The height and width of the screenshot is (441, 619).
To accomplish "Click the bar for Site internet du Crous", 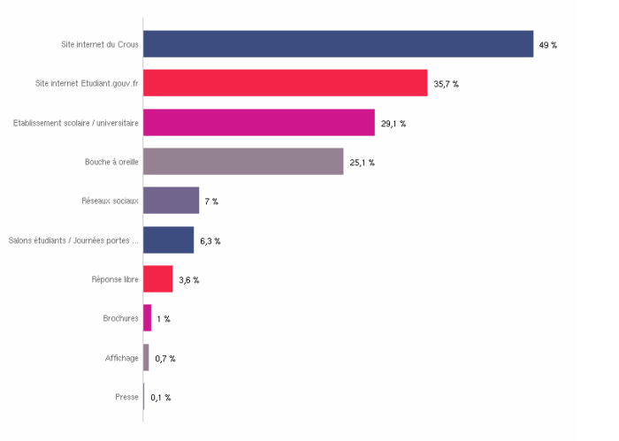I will [338, 44].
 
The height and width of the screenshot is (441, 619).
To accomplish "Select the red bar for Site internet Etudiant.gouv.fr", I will [285, 83].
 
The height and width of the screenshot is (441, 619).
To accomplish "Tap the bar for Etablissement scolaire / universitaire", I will [258, 123].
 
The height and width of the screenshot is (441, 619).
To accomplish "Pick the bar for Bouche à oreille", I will [243, 162].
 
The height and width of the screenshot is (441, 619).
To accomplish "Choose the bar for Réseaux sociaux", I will [171, 201].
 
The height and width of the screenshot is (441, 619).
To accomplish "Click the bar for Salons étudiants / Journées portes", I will [168, 240].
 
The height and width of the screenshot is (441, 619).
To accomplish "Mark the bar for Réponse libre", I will [157, 279].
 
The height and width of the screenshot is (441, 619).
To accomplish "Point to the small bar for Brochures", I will [147, 318].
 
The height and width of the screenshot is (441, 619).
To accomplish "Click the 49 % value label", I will [548, 44].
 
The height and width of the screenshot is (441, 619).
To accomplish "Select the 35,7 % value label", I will [446, 84].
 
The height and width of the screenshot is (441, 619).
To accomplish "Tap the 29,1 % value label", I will [394, 124].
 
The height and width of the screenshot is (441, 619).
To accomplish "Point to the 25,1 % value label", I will [362, 163].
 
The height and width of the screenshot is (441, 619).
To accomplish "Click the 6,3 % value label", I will [210, 241].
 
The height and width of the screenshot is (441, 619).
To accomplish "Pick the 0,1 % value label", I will [161, 398].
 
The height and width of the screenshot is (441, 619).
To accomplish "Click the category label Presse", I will [126, 397].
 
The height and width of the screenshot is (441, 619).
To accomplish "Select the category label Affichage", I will [122, 358].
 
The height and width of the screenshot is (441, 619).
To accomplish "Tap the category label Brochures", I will [120, 318].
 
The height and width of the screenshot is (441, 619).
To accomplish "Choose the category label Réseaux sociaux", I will [110, 201].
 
